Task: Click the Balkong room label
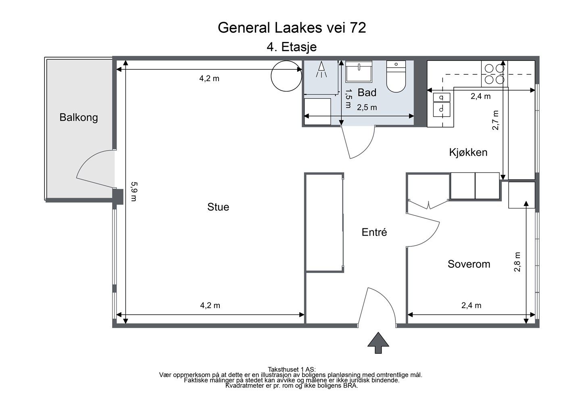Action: (x=79, y=118)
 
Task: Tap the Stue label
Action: (x=218, y=207)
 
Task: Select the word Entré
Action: (x=374, y=232)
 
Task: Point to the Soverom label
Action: (x=469, y=264)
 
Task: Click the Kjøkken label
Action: (x=468, y=152)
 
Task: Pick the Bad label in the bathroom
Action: (x=367, y=92)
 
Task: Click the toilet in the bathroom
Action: (x=396, y=76)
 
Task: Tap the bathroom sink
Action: (x=359, y=71)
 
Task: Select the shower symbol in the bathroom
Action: (x=321, y=69)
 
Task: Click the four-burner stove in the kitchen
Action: (x=494, y=74)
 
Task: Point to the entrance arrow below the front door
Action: (x=378, y=343)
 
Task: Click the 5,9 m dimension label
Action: (x=134, y=192)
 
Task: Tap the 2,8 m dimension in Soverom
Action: (x=517, y=262)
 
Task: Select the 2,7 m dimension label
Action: (x=495, y=120)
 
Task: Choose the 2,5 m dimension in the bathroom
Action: (x=367, y=107)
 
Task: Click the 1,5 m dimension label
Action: (x=348, y=98)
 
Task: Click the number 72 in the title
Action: (x=358, y=28)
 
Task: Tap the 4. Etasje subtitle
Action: (x=292, y=47)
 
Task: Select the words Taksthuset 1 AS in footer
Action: (x=292, y=369)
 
